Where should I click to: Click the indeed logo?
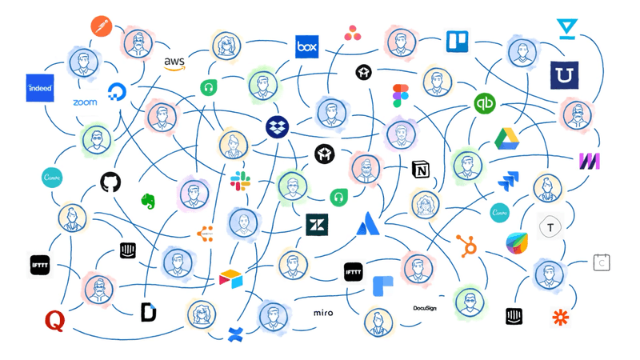point(40,87)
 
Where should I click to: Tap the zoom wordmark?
point(85,103)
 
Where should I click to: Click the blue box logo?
point(306,47)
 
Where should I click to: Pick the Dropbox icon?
point(278,126)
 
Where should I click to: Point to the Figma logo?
point(401,96)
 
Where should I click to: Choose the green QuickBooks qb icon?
point(485,103)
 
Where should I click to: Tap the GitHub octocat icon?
point(110,182)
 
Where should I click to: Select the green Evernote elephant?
point(148,202)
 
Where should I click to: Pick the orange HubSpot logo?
point(466,245)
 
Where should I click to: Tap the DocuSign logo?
point(425,308)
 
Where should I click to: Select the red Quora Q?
point(54,322)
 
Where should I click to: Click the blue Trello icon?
point(457,41)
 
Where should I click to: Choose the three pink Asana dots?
point(352,33)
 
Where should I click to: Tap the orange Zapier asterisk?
point(561,317)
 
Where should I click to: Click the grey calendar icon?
point(602,262)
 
